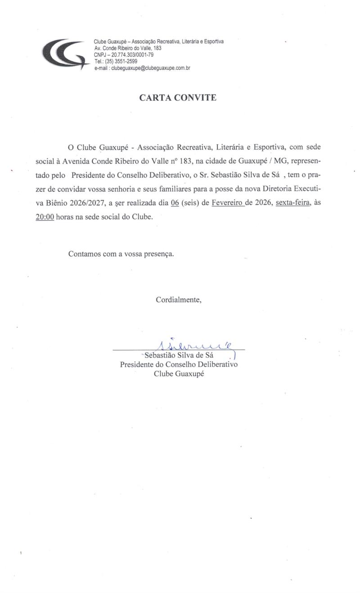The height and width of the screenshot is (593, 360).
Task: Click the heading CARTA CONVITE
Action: click(x=178, y=97)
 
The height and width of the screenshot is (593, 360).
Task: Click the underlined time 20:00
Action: click(x=45, y=217)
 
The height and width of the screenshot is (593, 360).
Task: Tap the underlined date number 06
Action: click(x=175, y=203)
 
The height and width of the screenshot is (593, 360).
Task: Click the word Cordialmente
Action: click(x=179, y=299)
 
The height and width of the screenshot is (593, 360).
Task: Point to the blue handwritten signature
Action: click(x=193, y=345)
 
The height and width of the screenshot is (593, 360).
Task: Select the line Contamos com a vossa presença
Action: click(x=121, y=253)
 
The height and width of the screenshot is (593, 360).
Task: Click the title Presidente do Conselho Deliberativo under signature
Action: click(x=179, y=364)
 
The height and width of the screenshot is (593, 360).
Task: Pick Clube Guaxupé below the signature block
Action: click(x=179, y=373)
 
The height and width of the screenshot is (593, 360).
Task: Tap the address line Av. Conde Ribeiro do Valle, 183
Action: click(x=128, y=48)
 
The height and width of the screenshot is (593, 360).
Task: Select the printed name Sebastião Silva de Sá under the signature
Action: click(x=178, y=355)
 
